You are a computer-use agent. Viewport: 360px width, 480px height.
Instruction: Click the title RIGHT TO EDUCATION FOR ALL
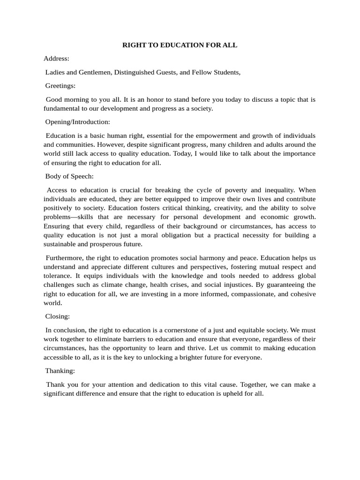[x=180, y=45]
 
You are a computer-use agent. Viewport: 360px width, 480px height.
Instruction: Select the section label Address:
[x=56, y=59]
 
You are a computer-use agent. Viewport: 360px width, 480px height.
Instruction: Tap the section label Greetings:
[x=60, y=86]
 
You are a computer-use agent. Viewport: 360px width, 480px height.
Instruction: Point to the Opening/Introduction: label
[x=77, y=122]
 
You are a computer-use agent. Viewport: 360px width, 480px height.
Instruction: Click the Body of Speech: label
[x=69, y=176]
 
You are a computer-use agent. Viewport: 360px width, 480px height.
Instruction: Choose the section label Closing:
[x=57, y=316]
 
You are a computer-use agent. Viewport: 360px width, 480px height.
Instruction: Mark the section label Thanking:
[x=60, y=371]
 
